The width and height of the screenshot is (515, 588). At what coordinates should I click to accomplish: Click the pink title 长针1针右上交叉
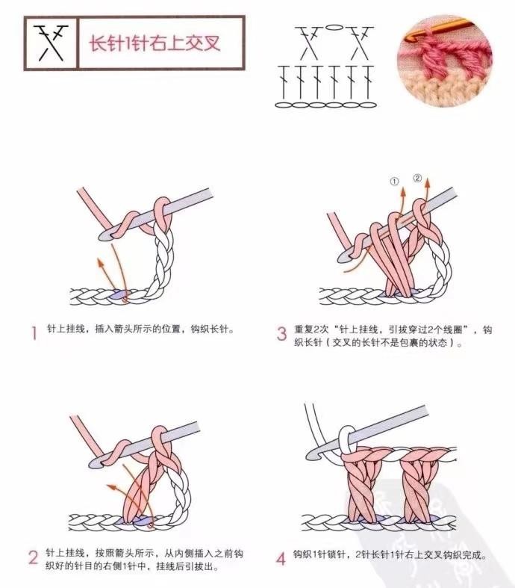[154, 43]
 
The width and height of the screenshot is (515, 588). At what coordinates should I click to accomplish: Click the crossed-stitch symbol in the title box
[51, 43]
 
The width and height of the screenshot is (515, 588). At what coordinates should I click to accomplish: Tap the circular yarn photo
[445, 61]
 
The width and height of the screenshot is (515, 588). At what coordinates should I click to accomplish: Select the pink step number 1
[34, 332]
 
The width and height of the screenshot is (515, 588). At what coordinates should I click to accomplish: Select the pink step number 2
[34, 557]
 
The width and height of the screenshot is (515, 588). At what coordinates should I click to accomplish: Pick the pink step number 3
[281, 333]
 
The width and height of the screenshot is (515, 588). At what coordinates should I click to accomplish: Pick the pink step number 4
[281, 558]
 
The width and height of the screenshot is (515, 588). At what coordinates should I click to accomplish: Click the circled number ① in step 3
[394, 182]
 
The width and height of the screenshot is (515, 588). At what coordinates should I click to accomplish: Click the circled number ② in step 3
[417, 178]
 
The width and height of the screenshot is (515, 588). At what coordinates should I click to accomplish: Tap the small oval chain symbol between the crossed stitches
[334, 28]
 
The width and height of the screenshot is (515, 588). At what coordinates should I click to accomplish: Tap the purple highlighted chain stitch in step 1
[120, 294]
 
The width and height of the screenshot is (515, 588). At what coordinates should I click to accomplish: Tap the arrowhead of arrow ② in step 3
[428, 183]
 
